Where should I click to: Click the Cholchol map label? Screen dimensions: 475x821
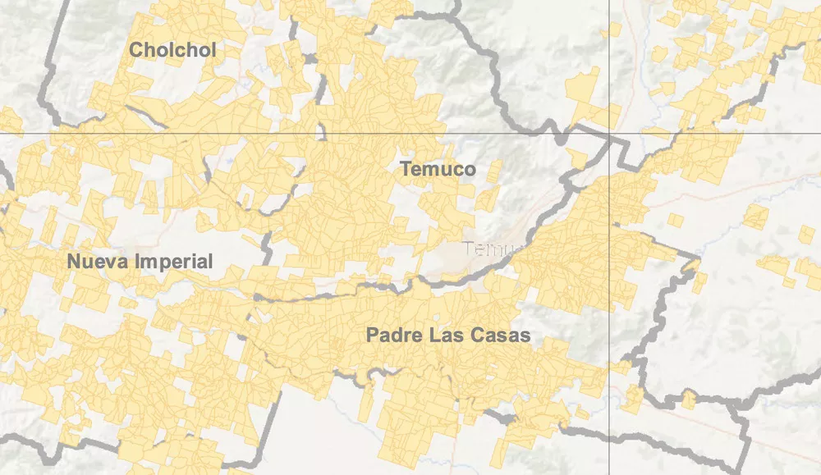click(x=172, y=50)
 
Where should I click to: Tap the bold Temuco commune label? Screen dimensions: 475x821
click(x=438, y=170)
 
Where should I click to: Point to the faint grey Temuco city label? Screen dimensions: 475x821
click(x=491, y=248)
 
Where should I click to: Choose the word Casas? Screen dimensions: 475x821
click(x=500, y=336)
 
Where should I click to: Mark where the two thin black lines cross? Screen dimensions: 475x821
click(x=608, y=133)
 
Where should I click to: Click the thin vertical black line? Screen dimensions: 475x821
click(x=608, y=66)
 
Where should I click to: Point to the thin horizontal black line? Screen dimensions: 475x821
click(x=246, y=133)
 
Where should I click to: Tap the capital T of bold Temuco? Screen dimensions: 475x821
click(x=405, y=170)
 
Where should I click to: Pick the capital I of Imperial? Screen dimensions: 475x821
click(x=144, y=262)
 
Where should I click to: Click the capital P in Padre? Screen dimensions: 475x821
click(x=372, y=336)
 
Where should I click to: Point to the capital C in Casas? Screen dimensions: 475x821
click(x=475, y=336)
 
